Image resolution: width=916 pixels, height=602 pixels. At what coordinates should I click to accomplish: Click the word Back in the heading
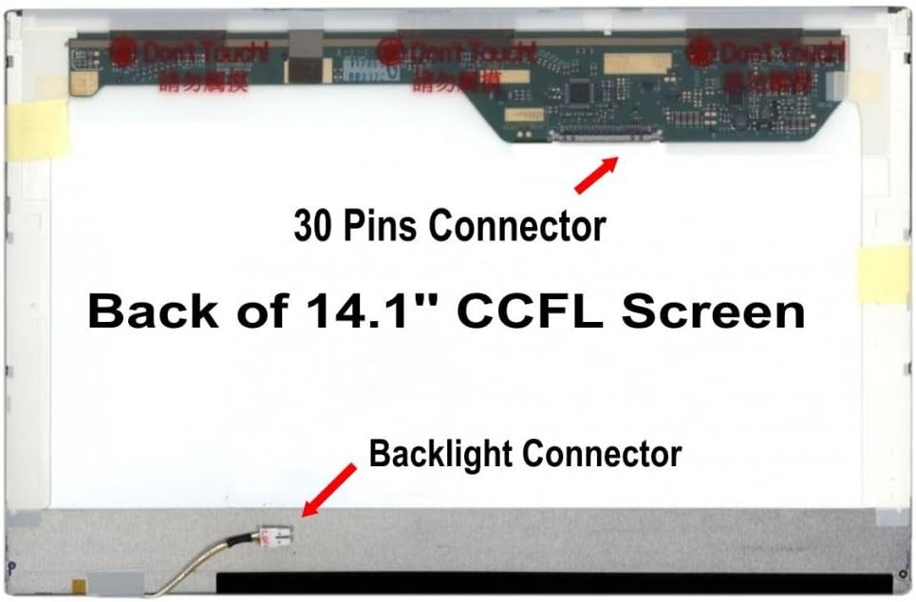click(x=141, y=311)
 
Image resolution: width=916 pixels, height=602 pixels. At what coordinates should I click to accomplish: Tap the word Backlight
click(x=443, y=453)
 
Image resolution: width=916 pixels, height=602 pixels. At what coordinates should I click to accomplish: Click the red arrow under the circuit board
click(x=595, y=174)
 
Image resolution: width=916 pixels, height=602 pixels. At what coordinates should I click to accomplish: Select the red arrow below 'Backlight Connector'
click(x=327, y=491)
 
